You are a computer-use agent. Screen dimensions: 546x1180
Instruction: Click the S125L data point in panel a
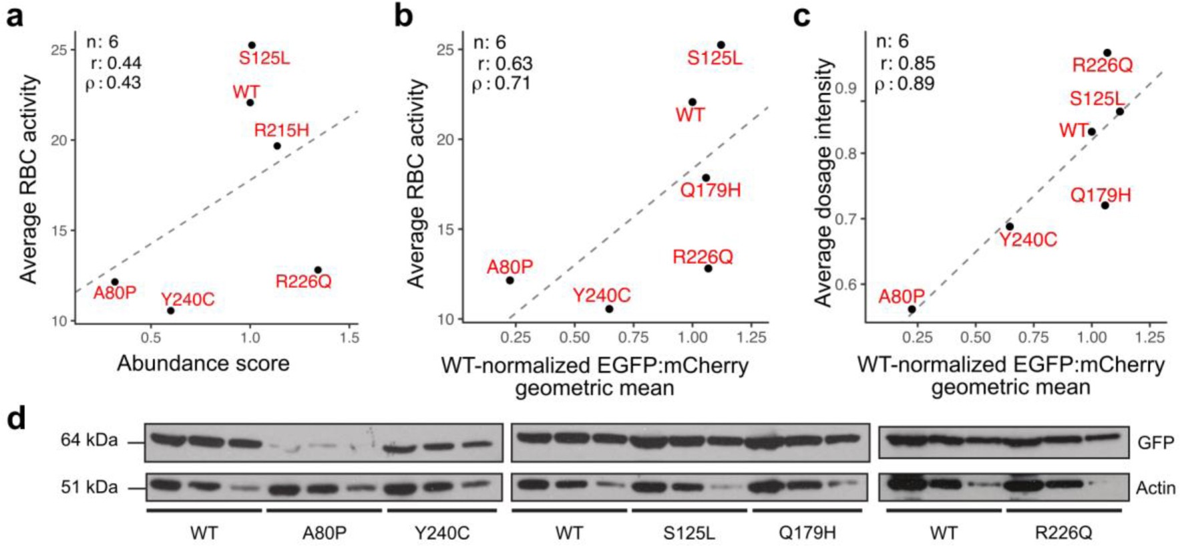[x=252, y=45]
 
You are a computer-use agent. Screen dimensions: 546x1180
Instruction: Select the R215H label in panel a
[x=281, y=130]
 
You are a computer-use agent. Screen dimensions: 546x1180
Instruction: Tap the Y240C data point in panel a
[x=170, y=311]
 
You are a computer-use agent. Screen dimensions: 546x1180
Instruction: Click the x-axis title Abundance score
[x=203, y=364]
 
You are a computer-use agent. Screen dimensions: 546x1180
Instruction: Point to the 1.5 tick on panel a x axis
[x=349, y=338]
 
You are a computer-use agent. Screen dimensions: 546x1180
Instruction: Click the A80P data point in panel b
[x=510, y=280]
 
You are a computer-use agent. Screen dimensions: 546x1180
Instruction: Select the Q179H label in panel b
[x=710, y=190]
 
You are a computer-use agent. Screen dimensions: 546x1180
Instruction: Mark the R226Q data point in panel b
[x=708, y=269]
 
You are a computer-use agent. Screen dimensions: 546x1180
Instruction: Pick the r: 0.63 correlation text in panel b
[x=505, y=63]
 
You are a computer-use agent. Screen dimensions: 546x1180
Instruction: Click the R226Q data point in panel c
[x=1107, y=53]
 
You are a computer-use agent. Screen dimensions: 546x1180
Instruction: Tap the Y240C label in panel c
[x=1028, y=240]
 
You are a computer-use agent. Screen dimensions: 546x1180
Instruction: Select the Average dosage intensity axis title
[x=823, y=182]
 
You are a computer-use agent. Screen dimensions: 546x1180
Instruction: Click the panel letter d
[x=15, y=419]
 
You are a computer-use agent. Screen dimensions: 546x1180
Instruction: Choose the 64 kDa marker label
[x=89, y=440]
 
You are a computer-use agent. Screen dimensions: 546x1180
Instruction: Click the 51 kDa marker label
[x=89, y=487]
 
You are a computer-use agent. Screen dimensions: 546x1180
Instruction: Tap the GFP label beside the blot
[x=1155, y=443]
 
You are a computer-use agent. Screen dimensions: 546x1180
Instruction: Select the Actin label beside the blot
[x=1155, y=489]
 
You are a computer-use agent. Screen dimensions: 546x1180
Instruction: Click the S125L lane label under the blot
[x=689, y=533]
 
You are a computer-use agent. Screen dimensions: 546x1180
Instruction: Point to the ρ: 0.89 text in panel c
[x=904, y=84]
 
